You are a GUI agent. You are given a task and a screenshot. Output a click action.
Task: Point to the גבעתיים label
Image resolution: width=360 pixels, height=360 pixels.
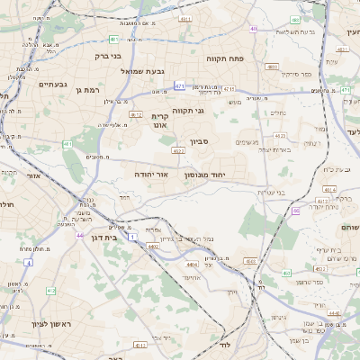click(54, 84)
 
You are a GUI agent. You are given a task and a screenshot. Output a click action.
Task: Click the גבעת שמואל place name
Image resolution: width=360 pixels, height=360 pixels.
click(143, 71)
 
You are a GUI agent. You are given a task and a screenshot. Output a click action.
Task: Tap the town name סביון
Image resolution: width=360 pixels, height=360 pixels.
click(200, 141)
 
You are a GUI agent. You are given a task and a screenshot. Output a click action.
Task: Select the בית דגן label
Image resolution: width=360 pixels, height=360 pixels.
click(105, 238)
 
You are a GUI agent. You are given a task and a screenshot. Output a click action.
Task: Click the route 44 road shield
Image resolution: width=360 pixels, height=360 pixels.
click(80, 235)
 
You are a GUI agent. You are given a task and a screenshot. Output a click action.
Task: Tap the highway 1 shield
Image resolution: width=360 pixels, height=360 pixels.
click(132, 237)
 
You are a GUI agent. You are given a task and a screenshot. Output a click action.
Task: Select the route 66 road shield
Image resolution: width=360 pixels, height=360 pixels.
click(296, 211)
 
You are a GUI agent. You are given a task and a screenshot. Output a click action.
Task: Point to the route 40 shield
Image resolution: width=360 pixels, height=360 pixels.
click(254, 29)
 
